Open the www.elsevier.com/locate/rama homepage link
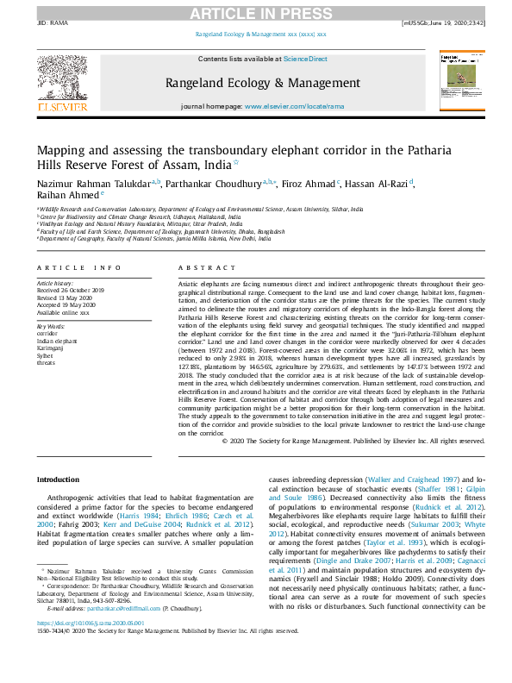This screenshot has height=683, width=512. coord(294,106)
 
